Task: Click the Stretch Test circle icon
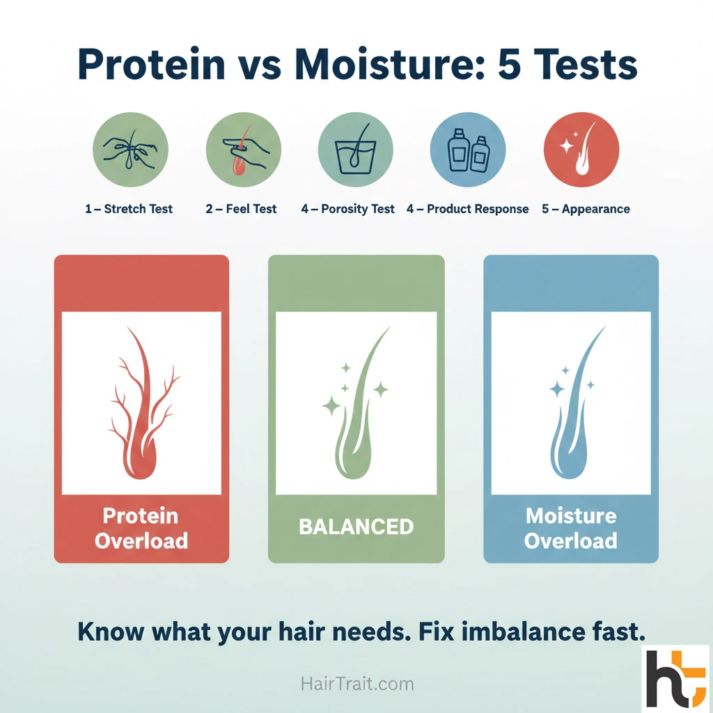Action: click(x=130, y=150)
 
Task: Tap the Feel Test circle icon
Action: click(x=243, y=150)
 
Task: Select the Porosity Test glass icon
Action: click(x=356, y=150)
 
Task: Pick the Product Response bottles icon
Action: click(x=468, y=150)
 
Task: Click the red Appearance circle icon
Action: click(x=581, y=150)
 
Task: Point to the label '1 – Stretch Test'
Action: click(x=129, y=209)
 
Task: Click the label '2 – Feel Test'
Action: click(x=241, y=209)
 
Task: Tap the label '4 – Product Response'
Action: click(x=467, y=209)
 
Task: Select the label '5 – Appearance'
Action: click(x=586, y=209)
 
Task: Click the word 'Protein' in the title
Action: click(x=152, y=65)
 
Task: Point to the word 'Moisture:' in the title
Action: click(x=389, y=65)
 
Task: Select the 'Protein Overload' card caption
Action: click(x=141, y=528)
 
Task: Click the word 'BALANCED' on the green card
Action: click(x=356, y=526)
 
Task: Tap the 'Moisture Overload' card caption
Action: click(x=571, y=528)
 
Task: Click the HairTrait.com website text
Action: click(x=357, y=684)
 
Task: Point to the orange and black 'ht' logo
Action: click(x=677, y=678)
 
